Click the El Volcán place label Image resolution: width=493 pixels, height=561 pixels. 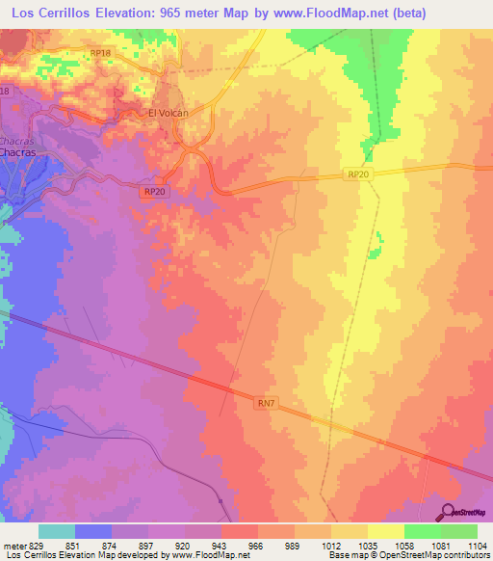coord(166,112)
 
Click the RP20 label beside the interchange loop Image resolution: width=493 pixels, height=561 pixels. coord(153,193)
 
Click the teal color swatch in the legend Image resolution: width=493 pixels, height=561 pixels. coord(57,531)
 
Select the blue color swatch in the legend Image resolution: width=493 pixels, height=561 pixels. coord(93,531)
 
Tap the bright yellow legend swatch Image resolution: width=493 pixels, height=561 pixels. coord(386,531)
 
